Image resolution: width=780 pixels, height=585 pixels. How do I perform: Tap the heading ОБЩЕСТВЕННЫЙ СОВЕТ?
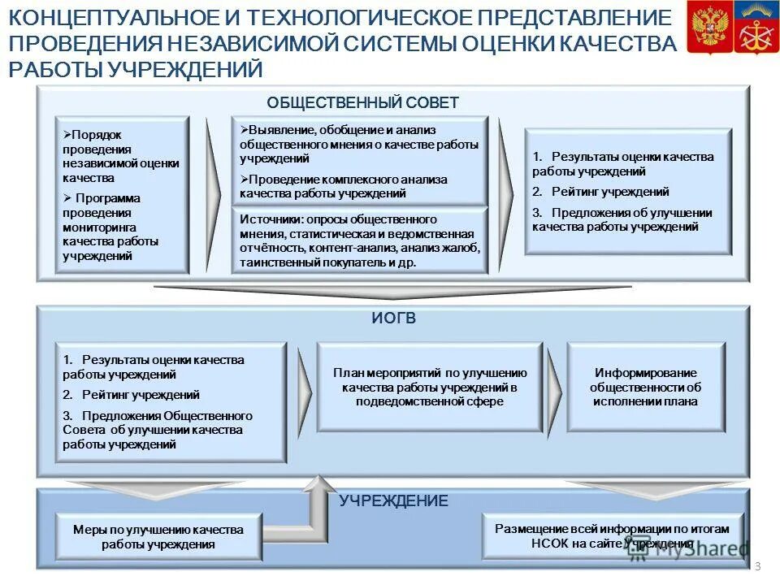pos(362,102)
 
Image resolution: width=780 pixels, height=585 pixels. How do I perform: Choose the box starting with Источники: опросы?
pos(360,240)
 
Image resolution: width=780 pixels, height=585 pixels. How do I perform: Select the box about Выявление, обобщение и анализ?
pos(360,160)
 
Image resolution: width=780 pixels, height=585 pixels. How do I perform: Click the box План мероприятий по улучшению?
pos(429,387)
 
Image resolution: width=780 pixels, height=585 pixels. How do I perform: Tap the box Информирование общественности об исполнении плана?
pos(645,387)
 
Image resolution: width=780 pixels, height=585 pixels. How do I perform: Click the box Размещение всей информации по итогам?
pos(612,535)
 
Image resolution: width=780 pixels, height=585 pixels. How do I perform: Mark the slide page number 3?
pos(757,566)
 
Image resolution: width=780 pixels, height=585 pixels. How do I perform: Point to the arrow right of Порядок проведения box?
pos(212,195)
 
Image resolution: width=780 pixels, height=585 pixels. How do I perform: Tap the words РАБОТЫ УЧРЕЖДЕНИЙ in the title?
pos(136,70)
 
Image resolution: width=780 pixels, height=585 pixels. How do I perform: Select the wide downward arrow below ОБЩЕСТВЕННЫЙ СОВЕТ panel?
pos(392,291)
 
